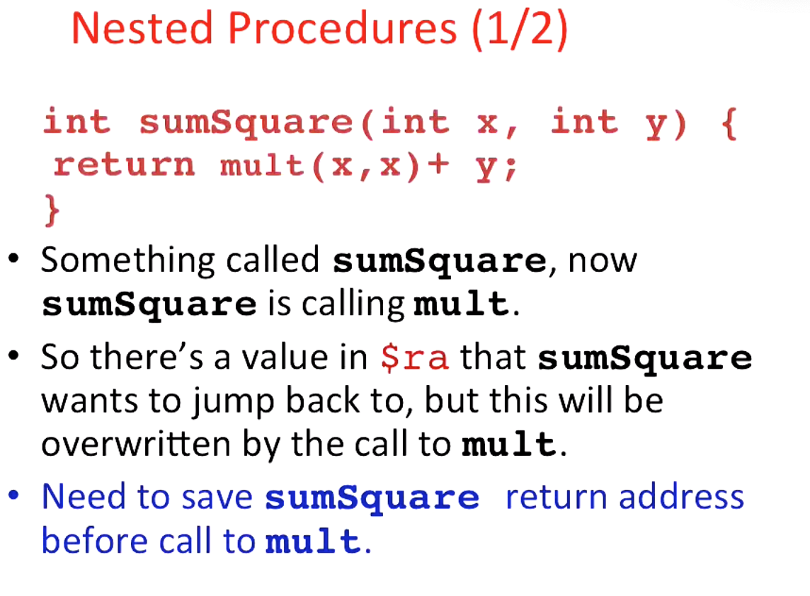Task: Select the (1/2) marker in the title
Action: [519, 30]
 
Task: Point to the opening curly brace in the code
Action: [727, 122]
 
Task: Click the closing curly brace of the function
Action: [51, 211]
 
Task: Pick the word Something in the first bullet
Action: [127, 261]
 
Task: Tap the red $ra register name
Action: [414, 358]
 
